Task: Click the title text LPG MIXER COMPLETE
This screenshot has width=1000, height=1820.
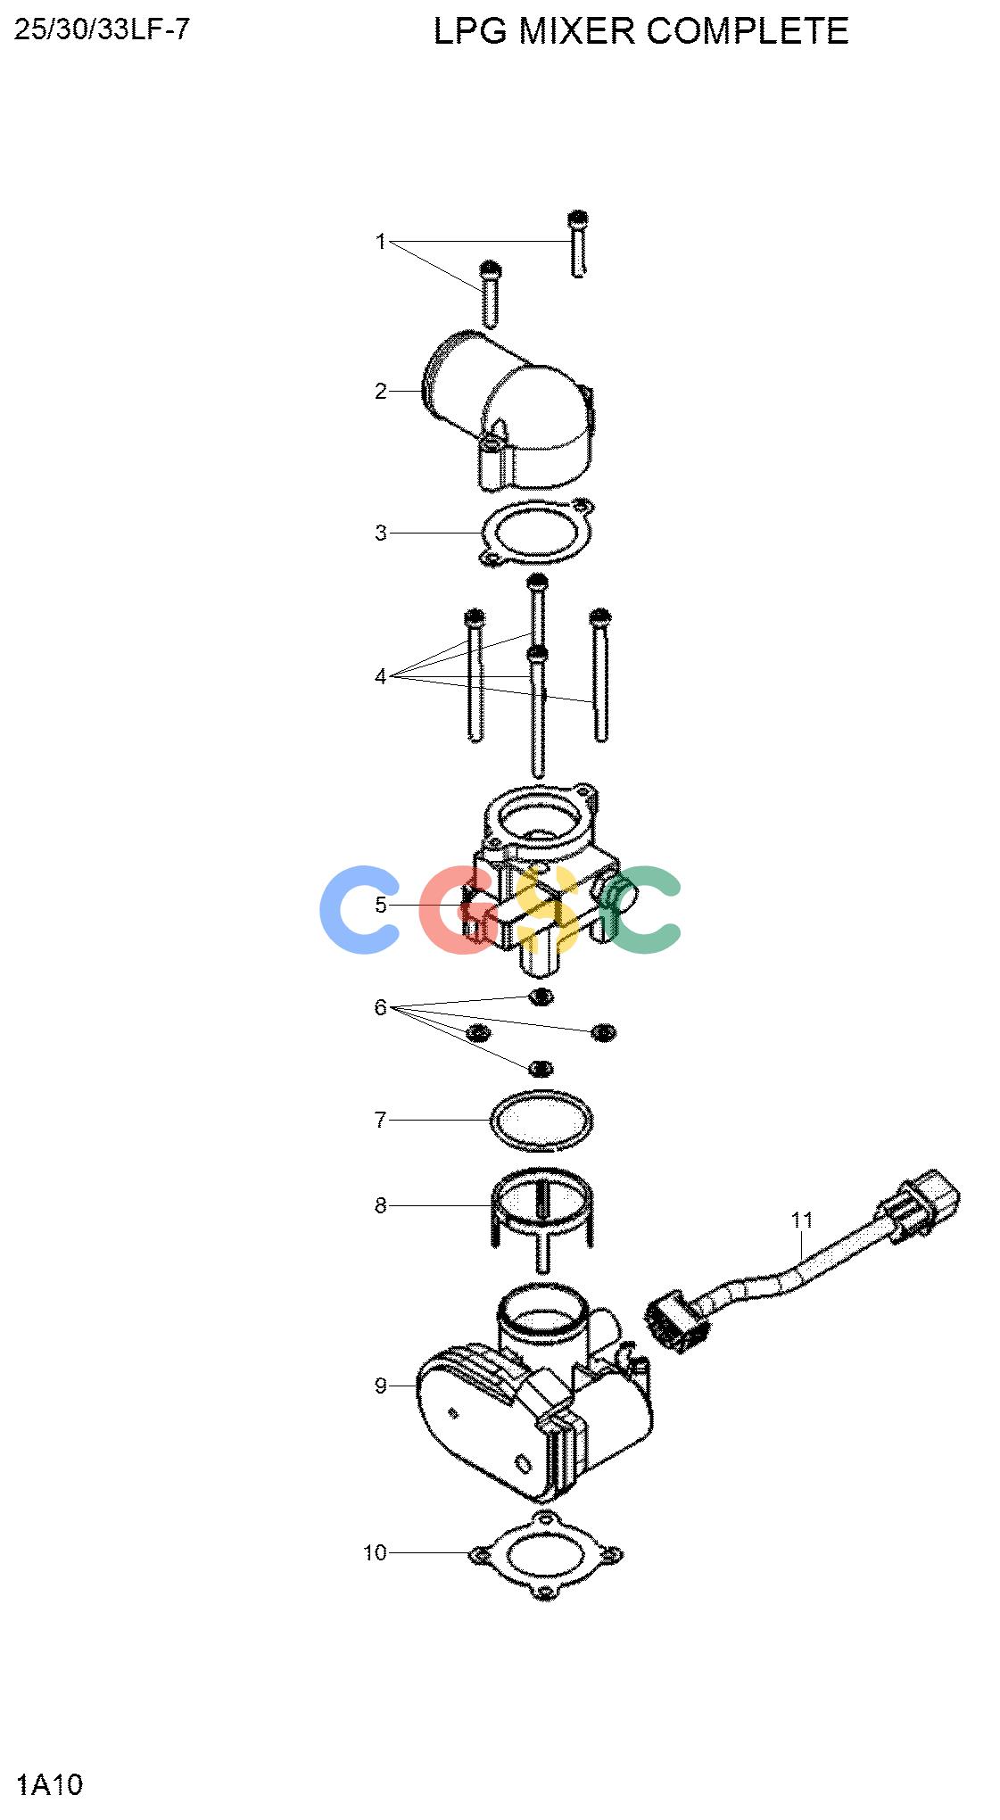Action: click(x=640, y=31)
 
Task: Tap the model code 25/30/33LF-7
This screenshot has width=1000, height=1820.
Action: click(x=102, y=30)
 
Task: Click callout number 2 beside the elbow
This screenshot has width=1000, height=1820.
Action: click(x=381, y=391)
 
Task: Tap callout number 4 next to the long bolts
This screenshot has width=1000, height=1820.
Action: click(x=381, y=676)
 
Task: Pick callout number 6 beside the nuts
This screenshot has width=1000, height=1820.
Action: click(x=381, y=1007)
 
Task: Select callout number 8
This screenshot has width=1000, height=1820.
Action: click(x=381, y=1205)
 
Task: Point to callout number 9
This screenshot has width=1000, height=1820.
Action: click(x=381, y=1386)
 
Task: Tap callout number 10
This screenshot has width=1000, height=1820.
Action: click(x=375, y=1552)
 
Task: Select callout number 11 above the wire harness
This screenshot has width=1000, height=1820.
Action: click(x=802, y=1220)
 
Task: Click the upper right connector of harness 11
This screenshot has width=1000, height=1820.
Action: click(x=923, y=1203)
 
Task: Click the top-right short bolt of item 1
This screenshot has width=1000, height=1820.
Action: click(x=578, y=244)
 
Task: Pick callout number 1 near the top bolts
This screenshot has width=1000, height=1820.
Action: click(x=381, y=242)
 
